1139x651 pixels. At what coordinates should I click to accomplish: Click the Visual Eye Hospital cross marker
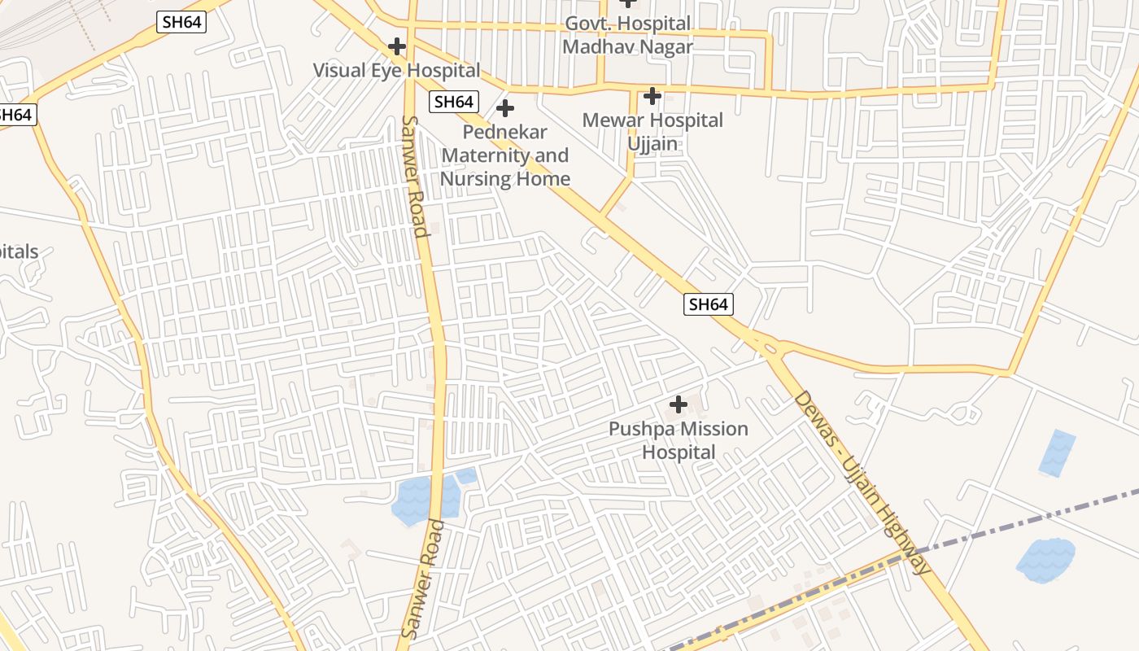tap(397, 46)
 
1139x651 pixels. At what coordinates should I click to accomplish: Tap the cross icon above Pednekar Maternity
tap(505, 107)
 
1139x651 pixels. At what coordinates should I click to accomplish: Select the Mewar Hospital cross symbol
tap(652, 97)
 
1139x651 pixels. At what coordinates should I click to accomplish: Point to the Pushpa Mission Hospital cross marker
tap(678, 404)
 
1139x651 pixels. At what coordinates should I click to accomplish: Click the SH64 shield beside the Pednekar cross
tap(453, 102)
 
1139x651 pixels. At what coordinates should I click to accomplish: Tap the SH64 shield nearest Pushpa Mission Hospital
tap(708, 304)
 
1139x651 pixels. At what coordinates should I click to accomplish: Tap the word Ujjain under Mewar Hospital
tap(652, 144)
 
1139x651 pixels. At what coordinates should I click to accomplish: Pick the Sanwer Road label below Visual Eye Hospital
tap(414, 176)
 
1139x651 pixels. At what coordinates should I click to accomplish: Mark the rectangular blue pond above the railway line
tap(1057, 452)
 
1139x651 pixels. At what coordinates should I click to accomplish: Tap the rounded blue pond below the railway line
tap(1045, 560)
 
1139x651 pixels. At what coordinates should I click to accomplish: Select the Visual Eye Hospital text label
tap(396, 70)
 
